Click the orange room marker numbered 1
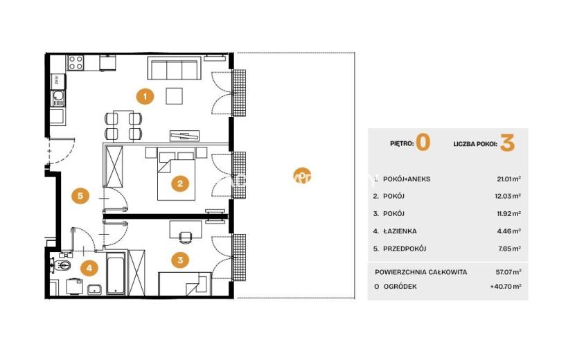point(145,96)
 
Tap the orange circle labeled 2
point(180,183)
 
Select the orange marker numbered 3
point(180,260)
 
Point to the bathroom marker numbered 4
point(89,268)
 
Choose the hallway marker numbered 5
point(80,195)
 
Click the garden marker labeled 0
point(302,177)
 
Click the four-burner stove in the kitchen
point(76,63)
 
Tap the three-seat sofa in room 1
point(174,68)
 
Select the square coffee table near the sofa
point(174,96)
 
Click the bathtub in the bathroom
point(116,273)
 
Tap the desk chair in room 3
point(186,237)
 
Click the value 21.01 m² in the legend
point(509,179)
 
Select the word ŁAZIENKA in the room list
point(400,231)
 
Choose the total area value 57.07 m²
point(508,272)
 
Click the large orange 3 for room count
point(508,143)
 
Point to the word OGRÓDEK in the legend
point(400,287)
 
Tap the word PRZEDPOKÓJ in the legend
point(405,249)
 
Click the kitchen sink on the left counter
point(58,96)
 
